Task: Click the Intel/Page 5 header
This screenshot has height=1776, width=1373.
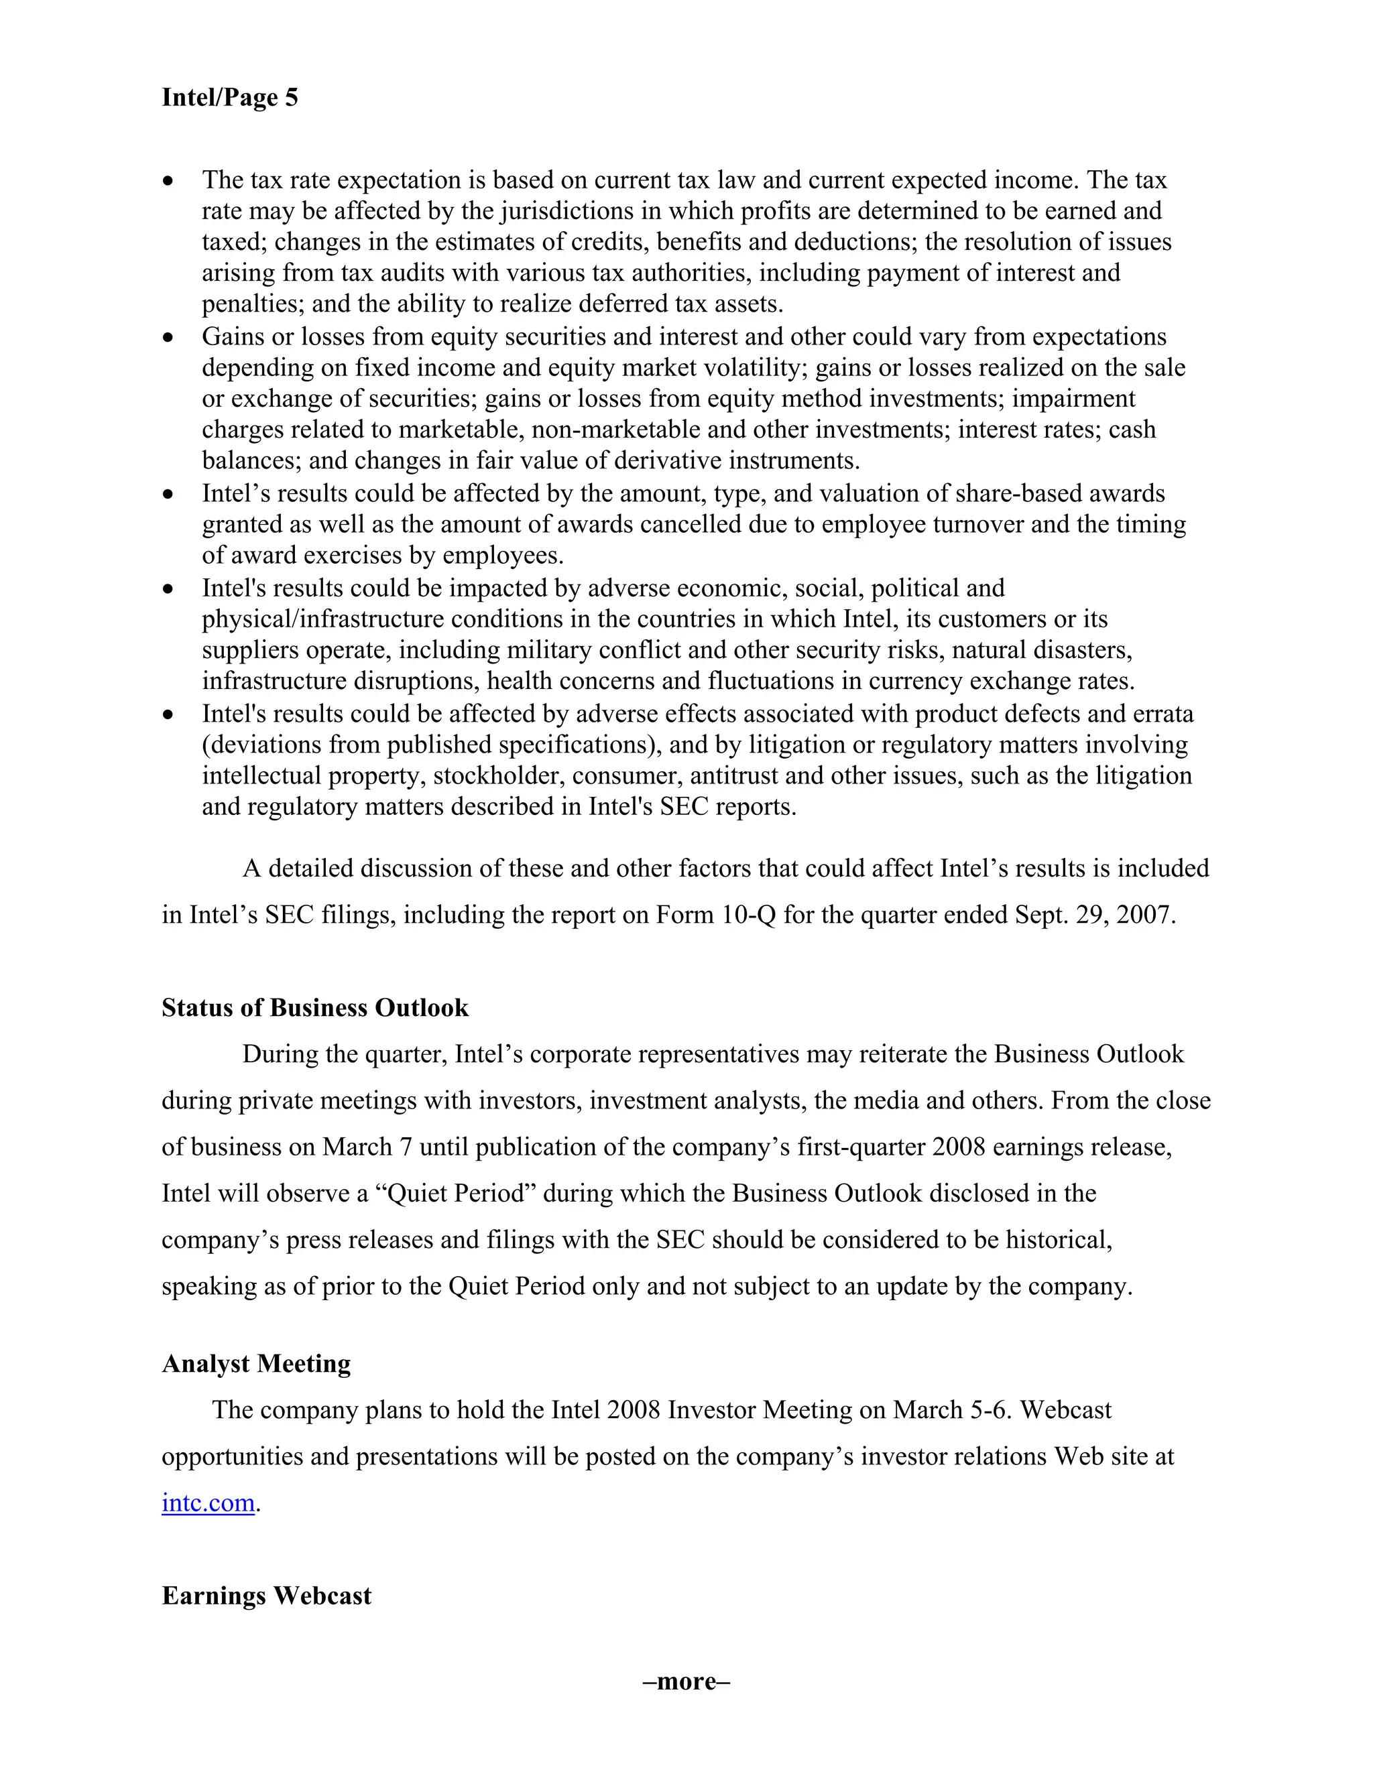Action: [229, 98]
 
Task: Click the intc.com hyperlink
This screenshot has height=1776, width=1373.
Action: [208, 1502]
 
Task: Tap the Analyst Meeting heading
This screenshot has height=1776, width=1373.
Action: [256, 1363]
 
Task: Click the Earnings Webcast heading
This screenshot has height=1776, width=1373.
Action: [266, 1596]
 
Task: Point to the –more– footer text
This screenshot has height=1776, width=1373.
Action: [686, 1681]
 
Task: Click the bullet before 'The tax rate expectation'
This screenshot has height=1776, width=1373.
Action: [168, 180]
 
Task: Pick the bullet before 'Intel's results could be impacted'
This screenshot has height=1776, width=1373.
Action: [168, 588]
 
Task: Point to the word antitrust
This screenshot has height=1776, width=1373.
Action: [729, 776]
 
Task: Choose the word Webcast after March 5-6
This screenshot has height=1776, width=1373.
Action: [1065, 1409]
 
